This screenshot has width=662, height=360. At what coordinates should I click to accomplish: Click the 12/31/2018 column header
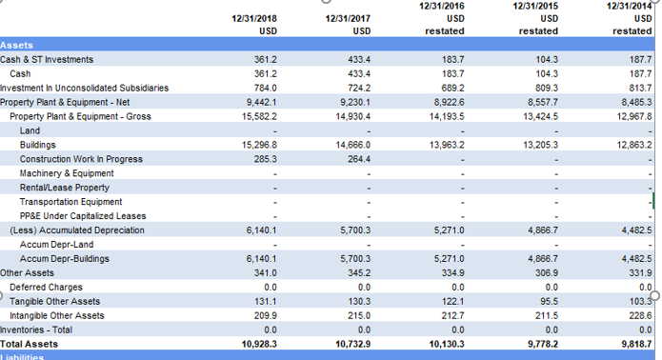254,18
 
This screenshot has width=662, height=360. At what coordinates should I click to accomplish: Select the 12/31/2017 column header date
348,18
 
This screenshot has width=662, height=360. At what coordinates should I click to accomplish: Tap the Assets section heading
16,46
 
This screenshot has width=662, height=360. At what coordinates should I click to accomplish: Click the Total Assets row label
29,343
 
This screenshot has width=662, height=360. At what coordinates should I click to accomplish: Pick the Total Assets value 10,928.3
258,343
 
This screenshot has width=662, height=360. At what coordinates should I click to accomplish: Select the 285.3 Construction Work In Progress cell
264,158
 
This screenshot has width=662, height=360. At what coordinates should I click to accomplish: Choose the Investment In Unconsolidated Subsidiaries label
84,88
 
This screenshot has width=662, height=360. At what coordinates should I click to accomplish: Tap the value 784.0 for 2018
264,88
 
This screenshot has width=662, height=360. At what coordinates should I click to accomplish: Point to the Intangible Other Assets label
57,315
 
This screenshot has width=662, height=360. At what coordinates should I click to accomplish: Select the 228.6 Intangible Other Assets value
640,315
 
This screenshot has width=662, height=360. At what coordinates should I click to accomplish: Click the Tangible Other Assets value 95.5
547,301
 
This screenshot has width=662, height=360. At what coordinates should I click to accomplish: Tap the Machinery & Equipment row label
67,173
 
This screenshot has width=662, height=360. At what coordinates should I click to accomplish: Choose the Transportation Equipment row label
70,201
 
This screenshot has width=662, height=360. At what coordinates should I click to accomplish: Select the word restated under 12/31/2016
445,31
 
